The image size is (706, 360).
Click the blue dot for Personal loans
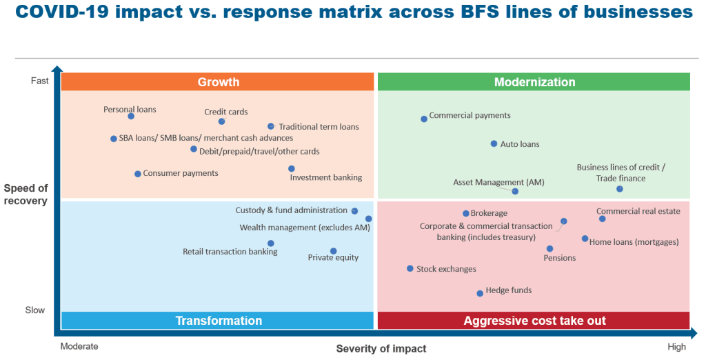[131, 117]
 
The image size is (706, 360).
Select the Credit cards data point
[222, 121]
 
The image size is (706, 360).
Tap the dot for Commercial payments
[424, 119]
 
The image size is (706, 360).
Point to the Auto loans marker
[494, 144]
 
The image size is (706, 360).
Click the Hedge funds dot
[480, 294]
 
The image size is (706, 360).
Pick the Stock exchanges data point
[410, 269]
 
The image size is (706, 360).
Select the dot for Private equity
[333, 251]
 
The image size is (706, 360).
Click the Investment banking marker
[292, 169]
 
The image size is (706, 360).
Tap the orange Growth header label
[219, 82]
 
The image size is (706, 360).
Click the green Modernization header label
[534, 82]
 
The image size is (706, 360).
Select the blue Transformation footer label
[219, 321]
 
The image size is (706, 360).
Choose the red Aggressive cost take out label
[534, 321]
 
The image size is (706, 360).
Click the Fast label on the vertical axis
[40, 81]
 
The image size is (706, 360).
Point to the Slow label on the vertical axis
[35, 310]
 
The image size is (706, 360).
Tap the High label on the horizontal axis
[676, 347]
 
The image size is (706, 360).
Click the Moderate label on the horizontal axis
[79, 347]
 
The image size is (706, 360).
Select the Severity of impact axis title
[381, 348]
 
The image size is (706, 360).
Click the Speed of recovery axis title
[26, 194]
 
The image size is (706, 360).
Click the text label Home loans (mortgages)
[634, 242]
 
